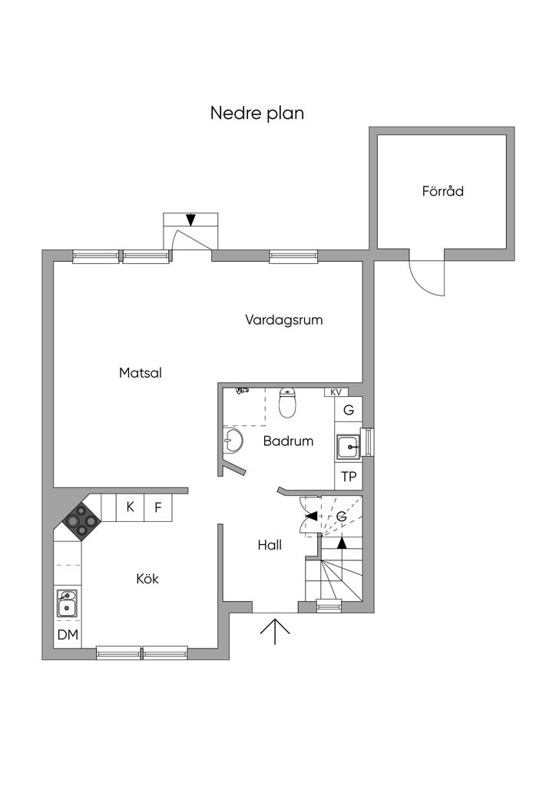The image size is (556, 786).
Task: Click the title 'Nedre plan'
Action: (257, 113)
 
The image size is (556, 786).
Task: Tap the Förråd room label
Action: (442, 191)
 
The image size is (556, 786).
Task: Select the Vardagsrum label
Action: (283, 320)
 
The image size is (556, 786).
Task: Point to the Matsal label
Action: (141, 373)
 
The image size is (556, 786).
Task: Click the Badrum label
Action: (288, 441)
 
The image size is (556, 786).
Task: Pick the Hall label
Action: (269, 546)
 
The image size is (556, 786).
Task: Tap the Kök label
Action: (147, 579)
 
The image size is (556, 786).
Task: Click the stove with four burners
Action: (80, 521)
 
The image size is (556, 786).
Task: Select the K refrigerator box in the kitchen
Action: (130, 507)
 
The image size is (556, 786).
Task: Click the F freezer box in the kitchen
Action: (158, 507)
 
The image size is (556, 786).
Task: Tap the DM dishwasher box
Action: (68, 635)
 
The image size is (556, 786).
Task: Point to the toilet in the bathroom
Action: (287, 403)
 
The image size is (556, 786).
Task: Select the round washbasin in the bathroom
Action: (233, 441)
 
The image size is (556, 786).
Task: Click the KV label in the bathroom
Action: (335, 392)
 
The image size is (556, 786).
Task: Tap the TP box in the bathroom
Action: (349, 477)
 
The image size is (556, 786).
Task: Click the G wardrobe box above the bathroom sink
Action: (349, 410)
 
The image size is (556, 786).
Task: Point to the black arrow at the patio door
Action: (190, 220)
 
